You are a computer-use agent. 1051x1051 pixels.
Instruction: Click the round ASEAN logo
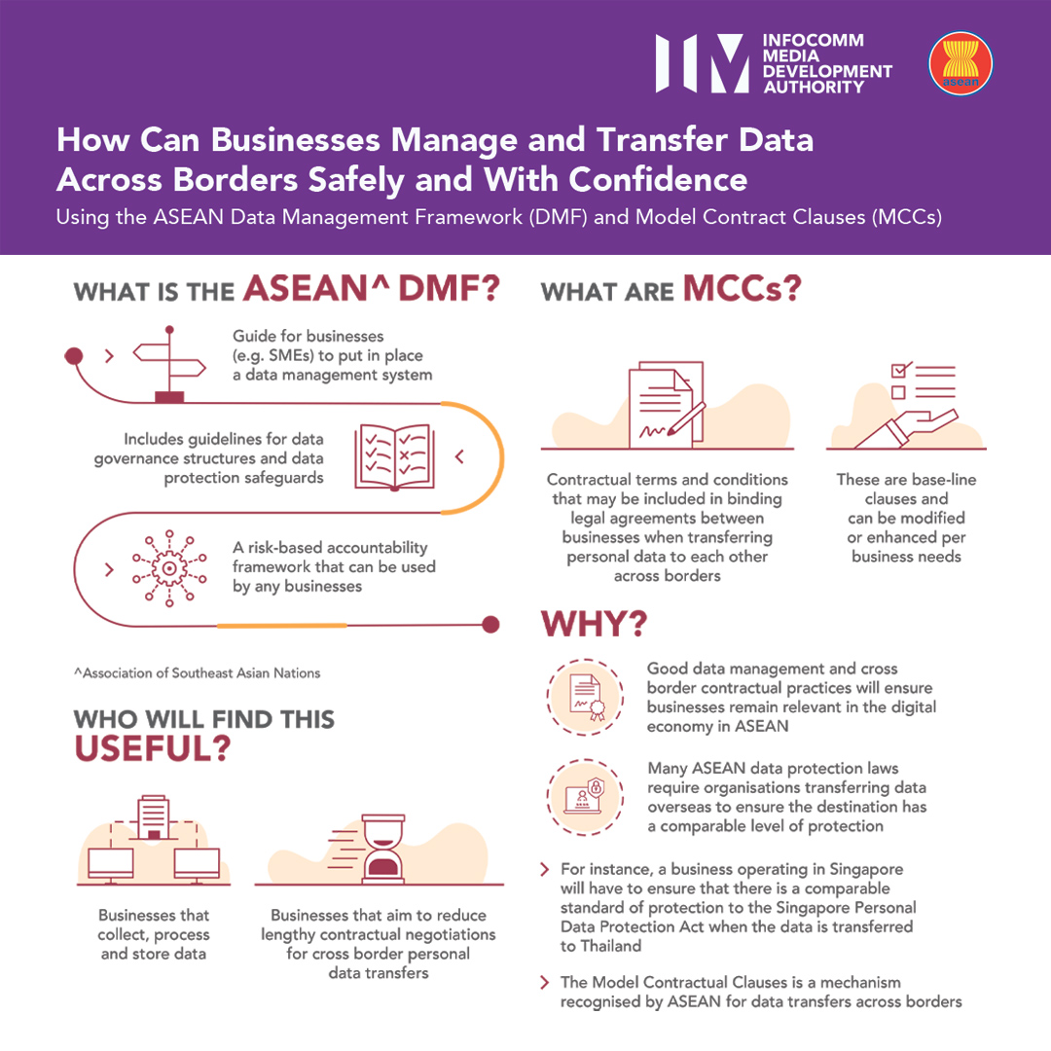(960, 64)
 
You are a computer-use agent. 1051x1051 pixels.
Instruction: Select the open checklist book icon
(393, 455)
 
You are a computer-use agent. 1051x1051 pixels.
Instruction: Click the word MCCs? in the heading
(742, 288)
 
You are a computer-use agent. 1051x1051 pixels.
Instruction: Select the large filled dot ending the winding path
(491, 624)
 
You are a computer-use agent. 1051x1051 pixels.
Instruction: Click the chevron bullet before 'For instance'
(545, 869)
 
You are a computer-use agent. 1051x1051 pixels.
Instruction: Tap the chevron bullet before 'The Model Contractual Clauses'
(545, 983)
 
